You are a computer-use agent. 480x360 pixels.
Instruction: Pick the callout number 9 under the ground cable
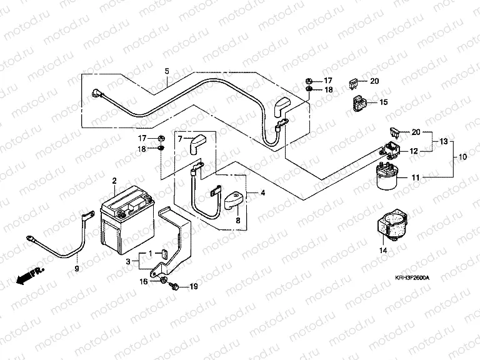pos(77,268)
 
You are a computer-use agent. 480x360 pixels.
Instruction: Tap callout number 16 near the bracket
pos(144,282)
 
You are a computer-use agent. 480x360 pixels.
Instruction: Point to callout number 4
pos(262,194)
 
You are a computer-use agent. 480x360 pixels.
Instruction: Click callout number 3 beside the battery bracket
pos(127,260)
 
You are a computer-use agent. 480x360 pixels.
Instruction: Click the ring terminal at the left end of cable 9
pos(29,237)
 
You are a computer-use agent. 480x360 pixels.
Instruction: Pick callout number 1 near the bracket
pos(150,253)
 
